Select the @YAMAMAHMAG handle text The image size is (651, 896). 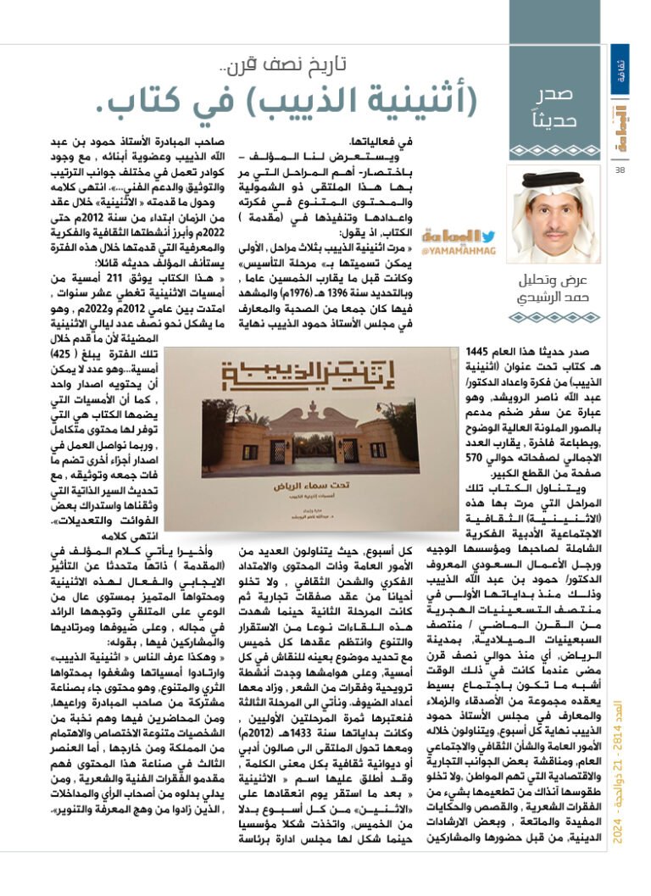462,252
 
